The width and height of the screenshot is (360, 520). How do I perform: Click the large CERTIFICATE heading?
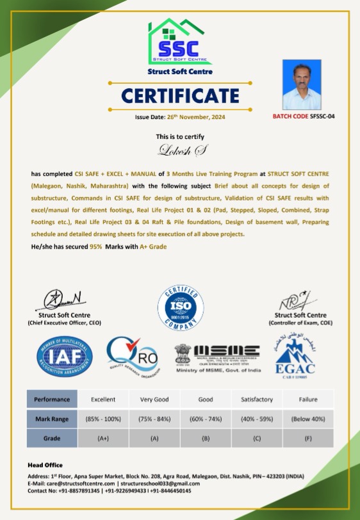[x=179, y=95]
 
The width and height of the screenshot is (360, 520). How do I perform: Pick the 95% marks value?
[x=96, y=247]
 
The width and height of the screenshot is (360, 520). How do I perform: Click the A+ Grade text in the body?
[x=154, y=247]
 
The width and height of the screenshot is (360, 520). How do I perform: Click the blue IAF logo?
[x=65, y=357]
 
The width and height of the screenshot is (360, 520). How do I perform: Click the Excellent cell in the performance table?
[x=103, y=400]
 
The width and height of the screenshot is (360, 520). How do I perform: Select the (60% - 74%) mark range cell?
[x=206, y=419]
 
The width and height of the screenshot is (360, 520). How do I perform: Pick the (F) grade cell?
[x=308, y=439]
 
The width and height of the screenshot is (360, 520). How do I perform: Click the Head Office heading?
[x=45, y=465]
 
